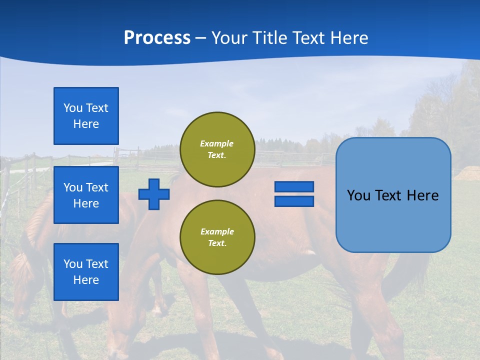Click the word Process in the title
click(x=157, y=38)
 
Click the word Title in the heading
click(x=268, y=38)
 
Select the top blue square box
click(x=86, y=116)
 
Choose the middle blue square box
click(x=86, y=195)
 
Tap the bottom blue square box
click(x=86, y=271)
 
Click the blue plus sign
click(x=154, y=194)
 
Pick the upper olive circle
click(x=217, y=149)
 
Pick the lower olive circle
click(x=217, y=237)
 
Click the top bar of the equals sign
click(x=294, y=187)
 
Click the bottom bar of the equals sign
click(x=294, y=201)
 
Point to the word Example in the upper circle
click(x=217, y=143)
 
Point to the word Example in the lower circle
click(x=217, y=231)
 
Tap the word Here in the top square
click(x=86, y=124)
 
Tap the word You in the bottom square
click(x=73, y=264)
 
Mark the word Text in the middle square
click(x=97, y=187)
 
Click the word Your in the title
click(x=228, y=38)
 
